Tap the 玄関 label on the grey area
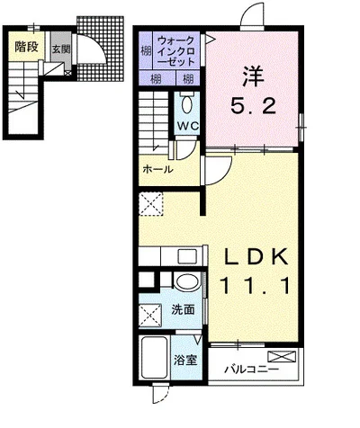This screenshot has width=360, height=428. coord(58,49)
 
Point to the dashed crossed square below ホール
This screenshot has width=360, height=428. coord(152,204)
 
